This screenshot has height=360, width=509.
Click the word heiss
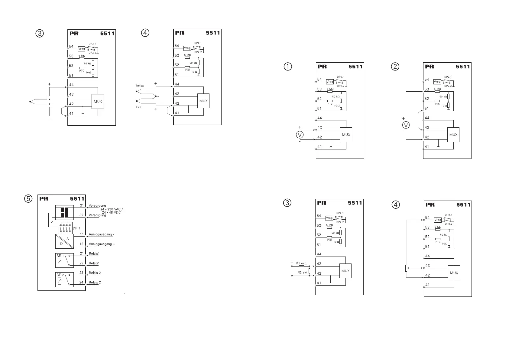(140, 86)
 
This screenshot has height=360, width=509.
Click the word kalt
(139, 107)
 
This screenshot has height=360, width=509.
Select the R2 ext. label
(302, 272)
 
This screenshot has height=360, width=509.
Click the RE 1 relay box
(64, 260)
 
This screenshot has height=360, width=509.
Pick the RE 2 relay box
(64, 280)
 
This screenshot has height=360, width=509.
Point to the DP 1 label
(76, 228)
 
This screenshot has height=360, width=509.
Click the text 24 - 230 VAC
(111, 209)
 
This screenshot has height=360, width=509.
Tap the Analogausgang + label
(102, 244)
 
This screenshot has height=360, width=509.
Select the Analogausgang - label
(101, 234)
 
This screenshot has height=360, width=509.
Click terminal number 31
(82, 205)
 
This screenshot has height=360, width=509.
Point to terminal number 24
(82, 282)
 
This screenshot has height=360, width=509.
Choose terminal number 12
(82, 244)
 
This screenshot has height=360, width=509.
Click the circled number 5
(28, 198)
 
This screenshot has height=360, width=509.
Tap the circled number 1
(288, 66)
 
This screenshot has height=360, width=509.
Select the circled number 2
(395, 66)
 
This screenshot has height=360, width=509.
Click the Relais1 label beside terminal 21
(95, 254)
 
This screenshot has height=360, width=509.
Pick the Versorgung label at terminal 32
(97, 215)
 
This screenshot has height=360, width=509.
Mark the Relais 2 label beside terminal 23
(95, 273)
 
